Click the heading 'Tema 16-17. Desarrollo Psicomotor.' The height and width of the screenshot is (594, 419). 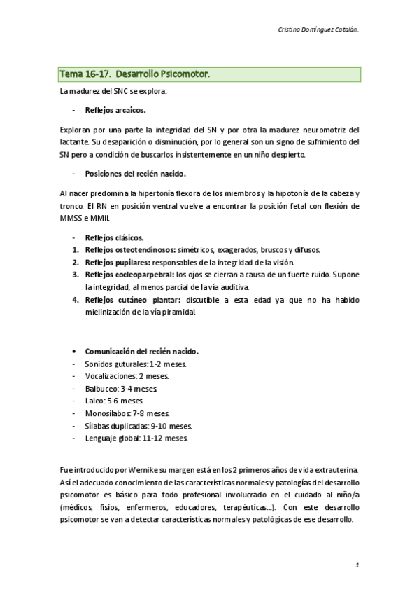click(135, 74)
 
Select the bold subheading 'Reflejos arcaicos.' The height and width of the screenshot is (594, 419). click(115, 111)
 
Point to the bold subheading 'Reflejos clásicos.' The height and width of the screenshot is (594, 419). click(115, 237)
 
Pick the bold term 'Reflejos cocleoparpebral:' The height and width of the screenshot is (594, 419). click(129, 275)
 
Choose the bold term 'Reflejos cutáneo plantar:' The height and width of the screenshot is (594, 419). click(127, 301)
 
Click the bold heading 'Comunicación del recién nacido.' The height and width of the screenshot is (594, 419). click(142, 351)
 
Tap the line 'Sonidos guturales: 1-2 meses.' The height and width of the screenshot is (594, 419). click(135, 364)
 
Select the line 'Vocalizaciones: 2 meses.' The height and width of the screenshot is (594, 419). click(127, 376)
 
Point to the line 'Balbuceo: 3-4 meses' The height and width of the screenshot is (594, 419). click(120, 389)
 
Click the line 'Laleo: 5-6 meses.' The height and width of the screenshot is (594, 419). click(114, 401)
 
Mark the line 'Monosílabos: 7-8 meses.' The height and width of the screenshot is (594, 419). click(127, 414)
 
